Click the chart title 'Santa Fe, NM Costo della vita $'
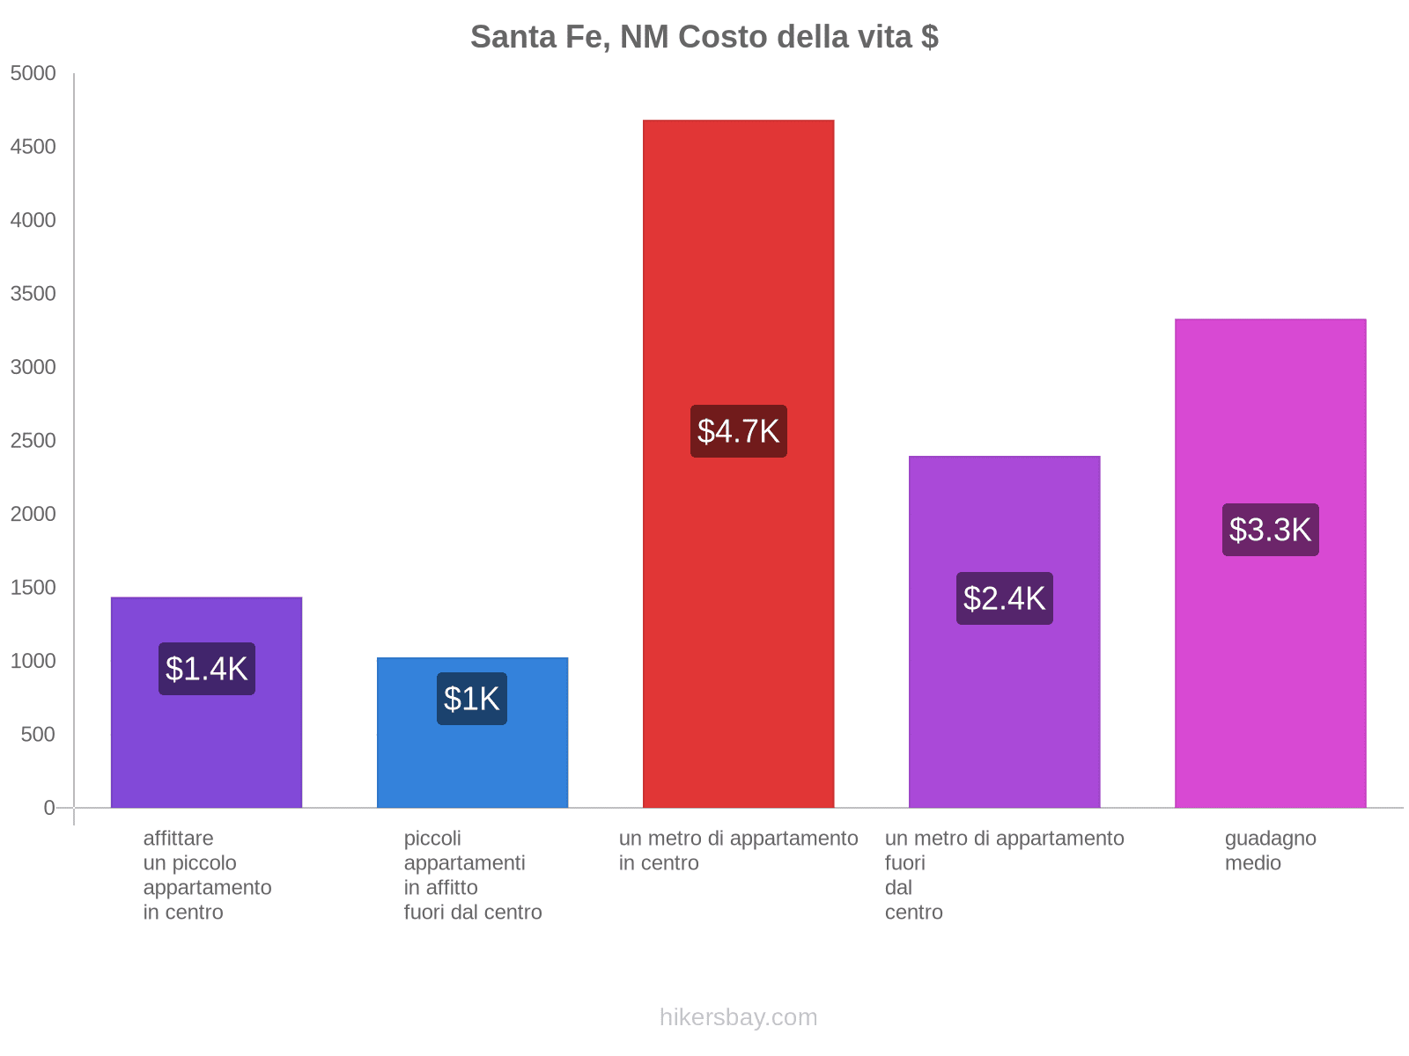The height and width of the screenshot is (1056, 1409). [704, 37]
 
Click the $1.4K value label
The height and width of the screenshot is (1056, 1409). [207, 669]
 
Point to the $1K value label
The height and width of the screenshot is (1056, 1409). [472, 699]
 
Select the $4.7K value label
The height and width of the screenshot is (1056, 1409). [738, 431]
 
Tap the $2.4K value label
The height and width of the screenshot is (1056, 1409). [1004, 598]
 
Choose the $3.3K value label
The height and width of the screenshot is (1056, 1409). [1270, 530]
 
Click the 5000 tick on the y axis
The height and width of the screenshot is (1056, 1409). [33, 74]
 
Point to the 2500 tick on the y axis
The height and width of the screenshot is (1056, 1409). [33, 441]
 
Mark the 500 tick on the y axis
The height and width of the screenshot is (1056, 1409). [39, 735]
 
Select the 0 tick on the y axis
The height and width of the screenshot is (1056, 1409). [49, 808]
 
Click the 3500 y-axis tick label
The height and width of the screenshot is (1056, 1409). [33, 294]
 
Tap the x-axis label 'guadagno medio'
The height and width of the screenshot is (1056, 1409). [1270, 850]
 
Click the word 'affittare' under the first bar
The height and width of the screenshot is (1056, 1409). [178, 838]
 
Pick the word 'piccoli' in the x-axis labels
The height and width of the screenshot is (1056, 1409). [432, 838]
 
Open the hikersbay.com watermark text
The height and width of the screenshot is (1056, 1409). [738, 1017]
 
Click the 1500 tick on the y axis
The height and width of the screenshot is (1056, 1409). [33, 588]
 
